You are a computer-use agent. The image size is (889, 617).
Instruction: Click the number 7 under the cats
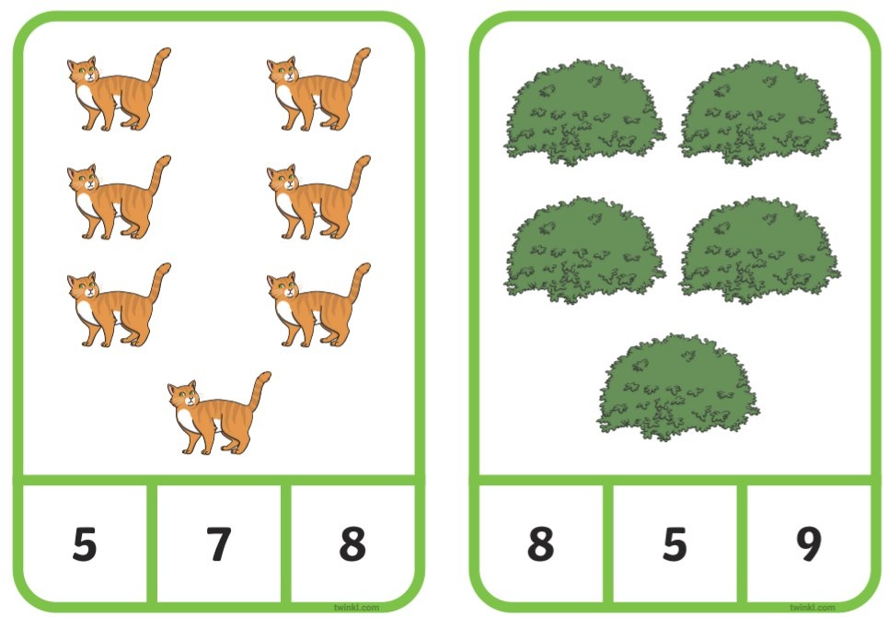click(218, 544)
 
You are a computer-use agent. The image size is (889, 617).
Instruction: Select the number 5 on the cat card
click(85, 544)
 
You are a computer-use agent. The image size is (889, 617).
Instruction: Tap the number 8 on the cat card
click(352, 544)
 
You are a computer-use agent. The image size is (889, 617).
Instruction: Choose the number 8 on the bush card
click(540, 544)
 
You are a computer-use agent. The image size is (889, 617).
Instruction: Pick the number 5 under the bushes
click(675, 544)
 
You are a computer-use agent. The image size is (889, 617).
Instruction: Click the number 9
click(809, 544)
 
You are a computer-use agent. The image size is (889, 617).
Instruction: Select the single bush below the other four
click(678, 387)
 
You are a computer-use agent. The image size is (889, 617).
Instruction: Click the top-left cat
click(119, 89)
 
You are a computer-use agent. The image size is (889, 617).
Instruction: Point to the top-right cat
click(318, 89)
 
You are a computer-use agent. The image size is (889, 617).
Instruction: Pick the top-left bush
click(584, 112)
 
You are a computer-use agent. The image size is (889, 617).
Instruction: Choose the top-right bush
click(760, 112)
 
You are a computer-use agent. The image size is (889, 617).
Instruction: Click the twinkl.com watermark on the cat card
click(356, 608)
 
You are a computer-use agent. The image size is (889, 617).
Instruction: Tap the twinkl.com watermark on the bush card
click(813, 608)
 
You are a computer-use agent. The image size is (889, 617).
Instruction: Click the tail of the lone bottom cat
click(260, 390)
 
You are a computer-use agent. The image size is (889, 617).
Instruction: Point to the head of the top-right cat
click(282, 72)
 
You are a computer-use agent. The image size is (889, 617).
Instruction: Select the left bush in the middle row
click(584, 250)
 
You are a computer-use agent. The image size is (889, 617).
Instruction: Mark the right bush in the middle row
click(760, 250)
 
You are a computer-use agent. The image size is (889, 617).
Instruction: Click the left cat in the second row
click(119, 197)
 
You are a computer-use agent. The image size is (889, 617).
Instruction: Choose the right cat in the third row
click(318, 305)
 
